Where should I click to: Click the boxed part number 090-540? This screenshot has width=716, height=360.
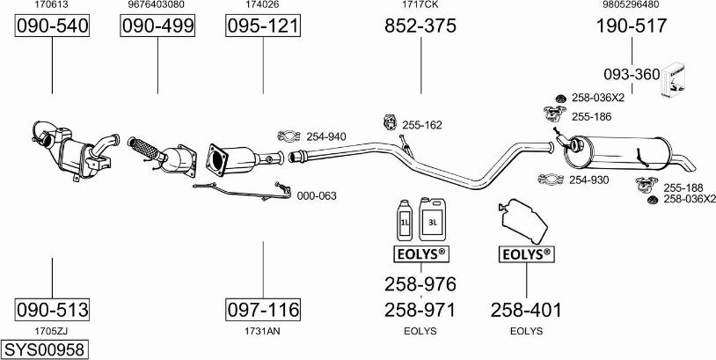click(52, 26)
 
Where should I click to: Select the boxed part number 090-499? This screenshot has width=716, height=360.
click(157, 26)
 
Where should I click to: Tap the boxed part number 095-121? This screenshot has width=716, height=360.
click(263, 26)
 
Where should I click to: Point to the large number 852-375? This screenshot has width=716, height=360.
click(420, 26)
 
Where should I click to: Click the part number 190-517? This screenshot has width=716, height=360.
click(632, 26)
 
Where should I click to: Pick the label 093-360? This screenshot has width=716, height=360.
click(632, 74)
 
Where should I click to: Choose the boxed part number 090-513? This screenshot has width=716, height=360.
click(52, 310)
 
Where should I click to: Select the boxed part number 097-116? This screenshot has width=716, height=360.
click(263, 310)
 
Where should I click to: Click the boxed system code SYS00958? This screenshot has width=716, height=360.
click(44, 350)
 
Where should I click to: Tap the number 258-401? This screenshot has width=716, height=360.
click(526, 310)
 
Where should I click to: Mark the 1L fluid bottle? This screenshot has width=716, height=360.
click(405, 220)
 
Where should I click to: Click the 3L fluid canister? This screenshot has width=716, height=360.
click(432, 219)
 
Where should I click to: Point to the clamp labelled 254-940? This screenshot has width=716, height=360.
click(289, 136)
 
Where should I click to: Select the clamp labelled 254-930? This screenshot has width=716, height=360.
click(552, 180)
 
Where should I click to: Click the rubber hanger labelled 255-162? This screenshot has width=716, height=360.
click(390, 122)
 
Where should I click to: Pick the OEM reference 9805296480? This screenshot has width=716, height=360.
click(632, 4)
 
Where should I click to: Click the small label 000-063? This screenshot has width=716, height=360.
click(317, 196)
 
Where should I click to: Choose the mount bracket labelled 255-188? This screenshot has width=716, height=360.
click(647, 184)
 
